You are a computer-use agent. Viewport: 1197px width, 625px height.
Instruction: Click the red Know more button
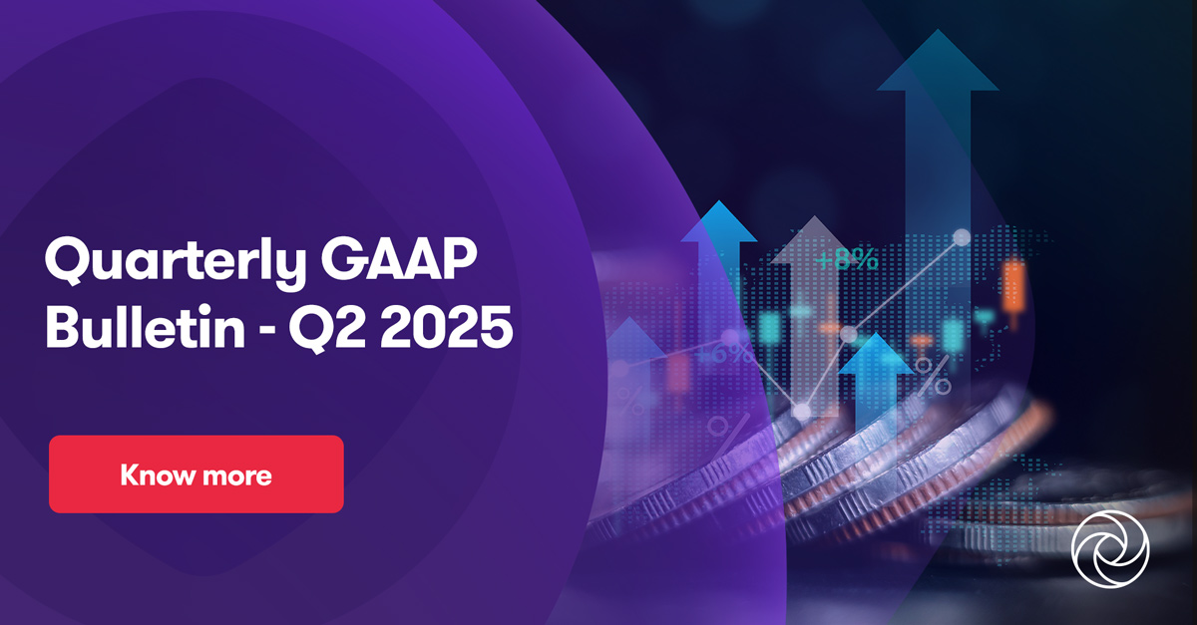pos(197,473)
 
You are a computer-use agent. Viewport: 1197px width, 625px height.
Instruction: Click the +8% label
pos(846,261)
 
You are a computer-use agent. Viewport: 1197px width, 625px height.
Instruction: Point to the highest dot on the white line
pos(961,237)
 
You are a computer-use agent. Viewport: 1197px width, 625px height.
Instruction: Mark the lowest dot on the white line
pos(801,410)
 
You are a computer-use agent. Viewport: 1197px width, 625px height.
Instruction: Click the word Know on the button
pos(156,474)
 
